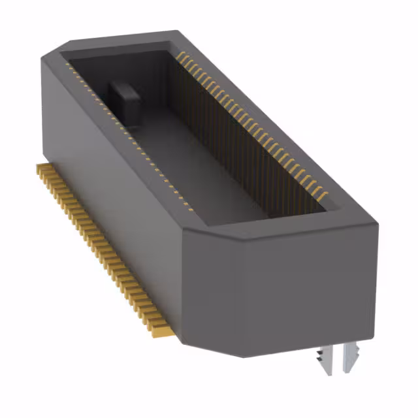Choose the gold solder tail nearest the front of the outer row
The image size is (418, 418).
pos(161,332)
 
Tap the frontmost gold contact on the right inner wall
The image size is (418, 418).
pos(322,194)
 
